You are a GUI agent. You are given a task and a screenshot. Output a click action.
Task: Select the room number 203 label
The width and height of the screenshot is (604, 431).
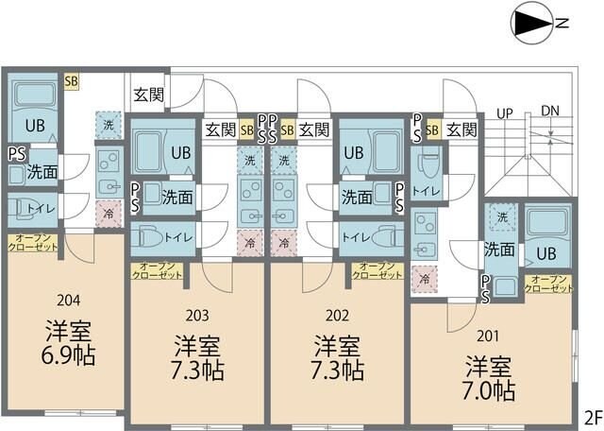point(197,316)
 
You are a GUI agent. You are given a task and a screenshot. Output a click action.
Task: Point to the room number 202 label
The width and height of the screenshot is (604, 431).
point(337,316)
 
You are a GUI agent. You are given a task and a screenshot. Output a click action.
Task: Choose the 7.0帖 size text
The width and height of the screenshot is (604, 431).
point(489,389)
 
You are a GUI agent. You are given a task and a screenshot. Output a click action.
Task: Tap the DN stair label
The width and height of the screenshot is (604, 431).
point(550,112)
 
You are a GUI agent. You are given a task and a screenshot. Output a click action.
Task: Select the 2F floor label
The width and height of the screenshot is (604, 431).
point(593,417)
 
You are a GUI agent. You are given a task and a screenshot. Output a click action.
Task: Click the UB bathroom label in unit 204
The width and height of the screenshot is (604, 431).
point(34,125)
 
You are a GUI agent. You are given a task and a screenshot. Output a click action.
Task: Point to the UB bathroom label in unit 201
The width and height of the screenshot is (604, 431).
point(545,252)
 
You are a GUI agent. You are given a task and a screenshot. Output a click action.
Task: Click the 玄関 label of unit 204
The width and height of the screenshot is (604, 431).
point(149,94)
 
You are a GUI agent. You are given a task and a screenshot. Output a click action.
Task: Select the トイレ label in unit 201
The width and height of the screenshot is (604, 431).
point(426,190)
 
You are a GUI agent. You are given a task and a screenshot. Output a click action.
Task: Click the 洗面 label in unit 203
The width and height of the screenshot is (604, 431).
point(176,197)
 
